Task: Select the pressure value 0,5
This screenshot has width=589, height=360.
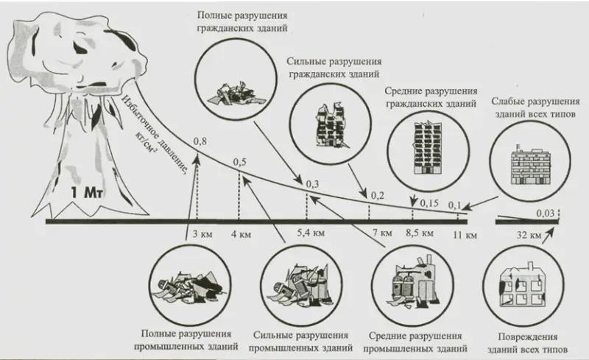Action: [x=239, y=161]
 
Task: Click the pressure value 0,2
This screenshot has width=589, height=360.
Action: [x=378, y=195]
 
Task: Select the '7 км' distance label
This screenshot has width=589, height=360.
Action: [x=382, y=234]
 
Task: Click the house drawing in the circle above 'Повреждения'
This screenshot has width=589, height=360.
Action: [x=528, y=283]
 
